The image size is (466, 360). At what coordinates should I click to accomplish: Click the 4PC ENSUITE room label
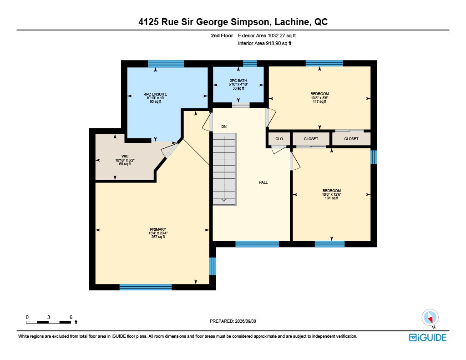[156, 94]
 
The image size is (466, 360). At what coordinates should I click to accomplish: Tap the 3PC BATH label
[238, 81]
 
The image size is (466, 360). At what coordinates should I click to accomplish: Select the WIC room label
[125, 157]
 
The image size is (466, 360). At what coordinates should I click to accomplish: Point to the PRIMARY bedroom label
[158, 229]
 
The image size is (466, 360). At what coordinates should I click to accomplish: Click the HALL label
[263, 183]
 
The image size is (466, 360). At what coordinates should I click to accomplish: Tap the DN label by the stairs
[224, 127]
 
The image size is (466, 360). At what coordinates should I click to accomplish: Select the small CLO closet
[279, 139]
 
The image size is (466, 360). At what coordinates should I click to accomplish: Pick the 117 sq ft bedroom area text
[319, 101]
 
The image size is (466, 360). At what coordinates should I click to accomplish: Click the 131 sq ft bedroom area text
[332, 198]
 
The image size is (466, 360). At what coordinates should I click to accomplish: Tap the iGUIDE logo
[428, 338]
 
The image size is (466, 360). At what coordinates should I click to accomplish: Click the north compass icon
[430, 318]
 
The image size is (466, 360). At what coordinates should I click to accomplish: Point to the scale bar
[48, 322]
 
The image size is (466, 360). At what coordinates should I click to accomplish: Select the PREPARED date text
[233, 321]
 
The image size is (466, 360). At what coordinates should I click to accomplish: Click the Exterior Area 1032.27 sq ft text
[267, 35]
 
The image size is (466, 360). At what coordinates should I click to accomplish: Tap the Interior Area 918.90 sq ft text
[264, 43]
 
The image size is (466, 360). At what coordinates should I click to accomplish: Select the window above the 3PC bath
[250, 63]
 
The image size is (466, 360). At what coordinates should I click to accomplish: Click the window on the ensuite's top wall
[166, 64]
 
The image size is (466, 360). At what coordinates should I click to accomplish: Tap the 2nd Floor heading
[222, 35]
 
